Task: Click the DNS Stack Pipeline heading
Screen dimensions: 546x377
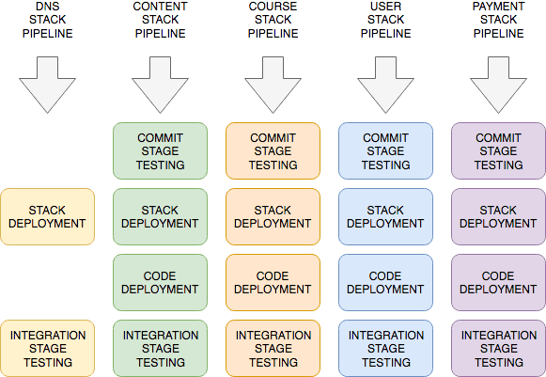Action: (x=47, y=20)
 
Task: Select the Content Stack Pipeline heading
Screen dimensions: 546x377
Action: (x=160, y=20)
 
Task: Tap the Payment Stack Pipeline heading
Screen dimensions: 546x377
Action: (x=498, y=20)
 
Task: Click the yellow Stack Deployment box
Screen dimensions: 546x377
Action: (x=47, y=217)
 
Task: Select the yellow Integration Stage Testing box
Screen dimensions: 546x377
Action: (x=47, y=349)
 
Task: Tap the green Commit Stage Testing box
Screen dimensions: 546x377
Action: (x=160, y=150)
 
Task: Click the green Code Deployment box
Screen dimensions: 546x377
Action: (x=160, y=283)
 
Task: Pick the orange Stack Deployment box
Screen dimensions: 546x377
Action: (x=273, y=217)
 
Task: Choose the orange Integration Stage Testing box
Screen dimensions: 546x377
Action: (x=273, y=349)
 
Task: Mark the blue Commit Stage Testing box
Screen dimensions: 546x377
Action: (x=386, y=150)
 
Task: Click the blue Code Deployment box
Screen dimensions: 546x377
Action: (x=386, y=283)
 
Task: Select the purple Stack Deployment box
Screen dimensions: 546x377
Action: (x=498, y=217)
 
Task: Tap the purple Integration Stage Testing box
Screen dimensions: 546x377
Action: (x=498, y=349)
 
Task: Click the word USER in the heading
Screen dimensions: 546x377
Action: (x=386, y=7)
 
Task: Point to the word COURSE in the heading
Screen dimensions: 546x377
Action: (x=273, y=7)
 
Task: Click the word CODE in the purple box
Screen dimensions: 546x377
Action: (x=498, y=276)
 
